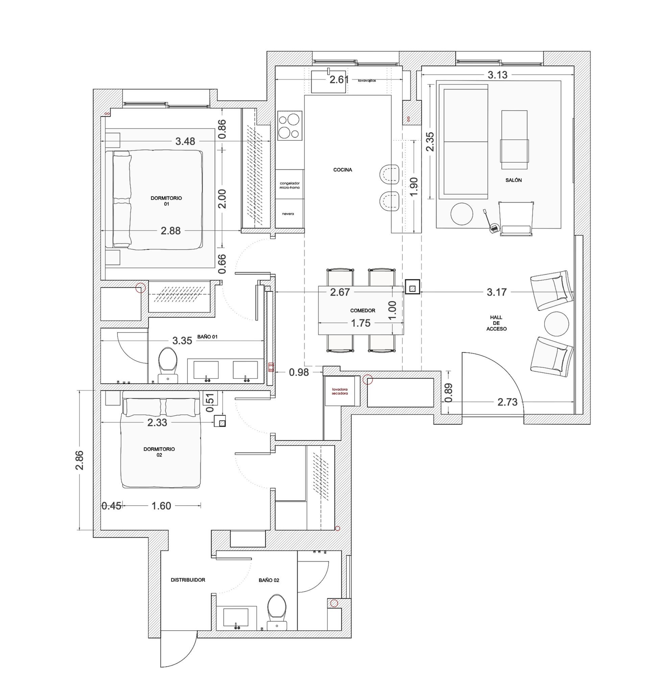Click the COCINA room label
[x=342, y=170]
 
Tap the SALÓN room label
[x=513, y=180]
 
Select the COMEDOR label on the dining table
[x=362, y=310]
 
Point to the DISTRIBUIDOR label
[x=188, y=580]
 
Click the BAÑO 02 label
[x=269, y=580]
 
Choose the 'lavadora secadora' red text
[x=339, y=391]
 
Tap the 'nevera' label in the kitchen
[x=288, y=214]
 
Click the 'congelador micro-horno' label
[x=289, y=185]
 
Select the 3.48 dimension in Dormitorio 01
[x=185, y=141]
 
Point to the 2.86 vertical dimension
[x=79, y=460]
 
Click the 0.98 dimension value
[x=299, y=372]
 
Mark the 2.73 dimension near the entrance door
[x=507, y=402]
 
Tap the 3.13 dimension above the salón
[x=498, y=75]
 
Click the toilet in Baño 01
[x=168, y=365]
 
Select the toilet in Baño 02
[x=277, y=612]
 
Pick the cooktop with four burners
[x=290, y=126]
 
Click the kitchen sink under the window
[x=328, y=82]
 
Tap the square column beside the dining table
[x=412, y=287]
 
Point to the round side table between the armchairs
[x=556, y=324]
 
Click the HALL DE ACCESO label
[x=496, y=323]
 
